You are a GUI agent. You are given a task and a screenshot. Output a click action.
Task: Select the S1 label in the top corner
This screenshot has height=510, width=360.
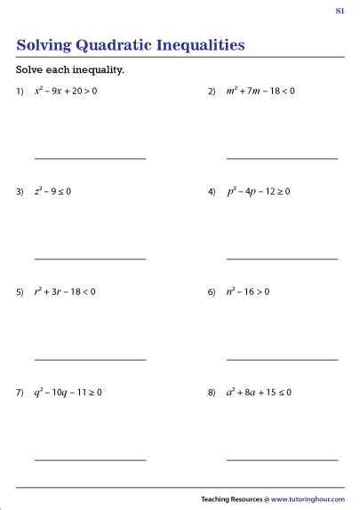340,11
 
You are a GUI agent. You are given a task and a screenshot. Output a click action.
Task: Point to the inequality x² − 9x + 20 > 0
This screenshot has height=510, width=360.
78,91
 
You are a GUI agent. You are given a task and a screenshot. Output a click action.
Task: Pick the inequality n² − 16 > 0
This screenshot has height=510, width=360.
249,291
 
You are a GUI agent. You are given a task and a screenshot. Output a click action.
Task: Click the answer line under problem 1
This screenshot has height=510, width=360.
90,158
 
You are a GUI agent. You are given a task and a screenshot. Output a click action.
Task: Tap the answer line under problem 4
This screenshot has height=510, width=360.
282,259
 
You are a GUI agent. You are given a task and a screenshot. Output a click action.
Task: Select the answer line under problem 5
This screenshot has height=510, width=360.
90,359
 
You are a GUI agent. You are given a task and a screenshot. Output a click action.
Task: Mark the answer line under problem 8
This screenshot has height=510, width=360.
282,459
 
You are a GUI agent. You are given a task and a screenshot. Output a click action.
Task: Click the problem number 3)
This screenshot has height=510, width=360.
20,192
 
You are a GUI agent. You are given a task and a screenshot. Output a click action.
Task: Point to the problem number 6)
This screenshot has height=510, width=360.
212,292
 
